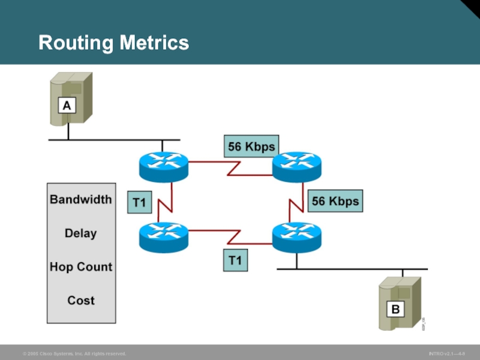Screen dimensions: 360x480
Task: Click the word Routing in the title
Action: coord(74,43)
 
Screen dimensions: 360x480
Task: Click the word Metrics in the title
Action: coord(153,43)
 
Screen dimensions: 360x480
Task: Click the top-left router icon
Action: coord(163,166)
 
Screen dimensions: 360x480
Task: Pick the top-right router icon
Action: coord(297,166)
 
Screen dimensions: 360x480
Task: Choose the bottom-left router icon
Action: coord(163,236)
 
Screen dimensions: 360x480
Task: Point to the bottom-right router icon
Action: coord(297,236)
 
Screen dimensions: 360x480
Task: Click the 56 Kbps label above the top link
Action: coord(251,146)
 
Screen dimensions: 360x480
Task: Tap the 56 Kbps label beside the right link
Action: coord(335,202)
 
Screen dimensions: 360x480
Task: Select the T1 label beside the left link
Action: coord(139,203)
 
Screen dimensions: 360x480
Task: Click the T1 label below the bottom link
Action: coord(235,261)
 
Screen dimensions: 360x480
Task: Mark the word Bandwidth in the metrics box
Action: coord(81,199)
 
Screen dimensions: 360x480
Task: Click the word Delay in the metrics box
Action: coord(81,233)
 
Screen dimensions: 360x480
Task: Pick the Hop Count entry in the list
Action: coord(81,266)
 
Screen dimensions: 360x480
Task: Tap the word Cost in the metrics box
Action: coord(81,300)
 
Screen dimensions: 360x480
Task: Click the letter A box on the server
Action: coord(67,106)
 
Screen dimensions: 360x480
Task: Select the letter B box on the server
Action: coord(395,310)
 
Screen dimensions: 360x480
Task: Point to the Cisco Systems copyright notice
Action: coord(74,354)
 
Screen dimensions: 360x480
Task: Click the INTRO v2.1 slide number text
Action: coord(446,354)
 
